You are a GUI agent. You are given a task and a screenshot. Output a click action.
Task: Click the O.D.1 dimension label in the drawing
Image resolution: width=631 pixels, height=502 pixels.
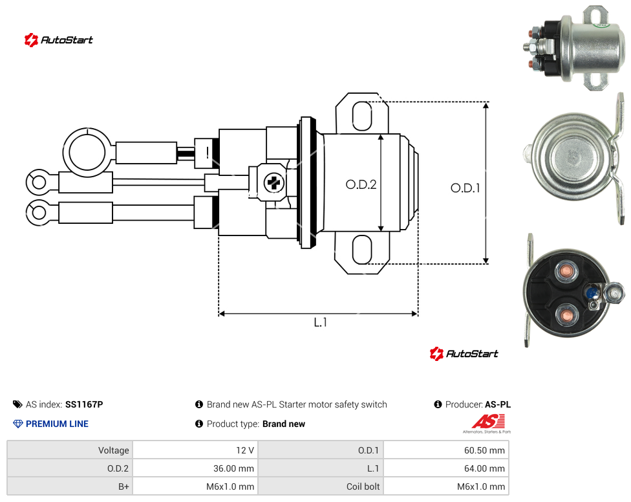pos(465,188)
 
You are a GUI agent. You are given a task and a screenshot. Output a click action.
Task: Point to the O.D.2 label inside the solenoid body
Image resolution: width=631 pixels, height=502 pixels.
pos(361,184)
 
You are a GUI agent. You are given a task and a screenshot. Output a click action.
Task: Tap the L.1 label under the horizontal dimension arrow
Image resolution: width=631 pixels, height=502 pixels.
pos(320,322)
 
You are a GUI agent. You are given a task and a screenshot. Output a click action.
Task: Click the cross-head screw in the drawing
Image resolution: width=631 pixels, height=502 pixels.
pos(274,183)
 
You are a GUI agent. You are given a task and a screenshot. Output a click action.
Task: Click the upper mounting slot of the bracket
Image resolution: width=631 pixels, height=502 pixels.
pos(362,116)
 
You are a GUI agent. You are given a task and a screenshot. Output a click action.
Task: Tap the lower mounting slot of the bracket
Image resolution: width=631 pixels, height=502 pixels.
pos(362,250)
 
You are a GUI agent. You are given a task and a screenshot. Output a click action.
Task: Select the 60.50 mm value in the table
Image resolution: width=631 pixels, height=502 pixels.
pos(484,450)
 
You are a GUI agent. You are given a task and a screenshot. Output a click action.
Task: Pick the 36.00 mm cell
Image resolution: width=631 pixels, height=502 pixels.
pos(233,468)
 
